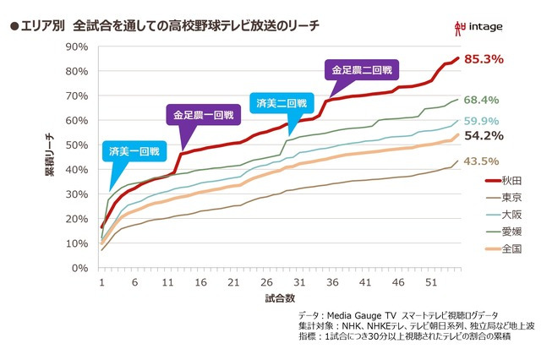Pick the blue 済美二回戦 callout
pyautogui.click(x=279, y=102)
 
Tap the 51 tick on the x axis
pyautogui.click(x=432, y=282)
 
